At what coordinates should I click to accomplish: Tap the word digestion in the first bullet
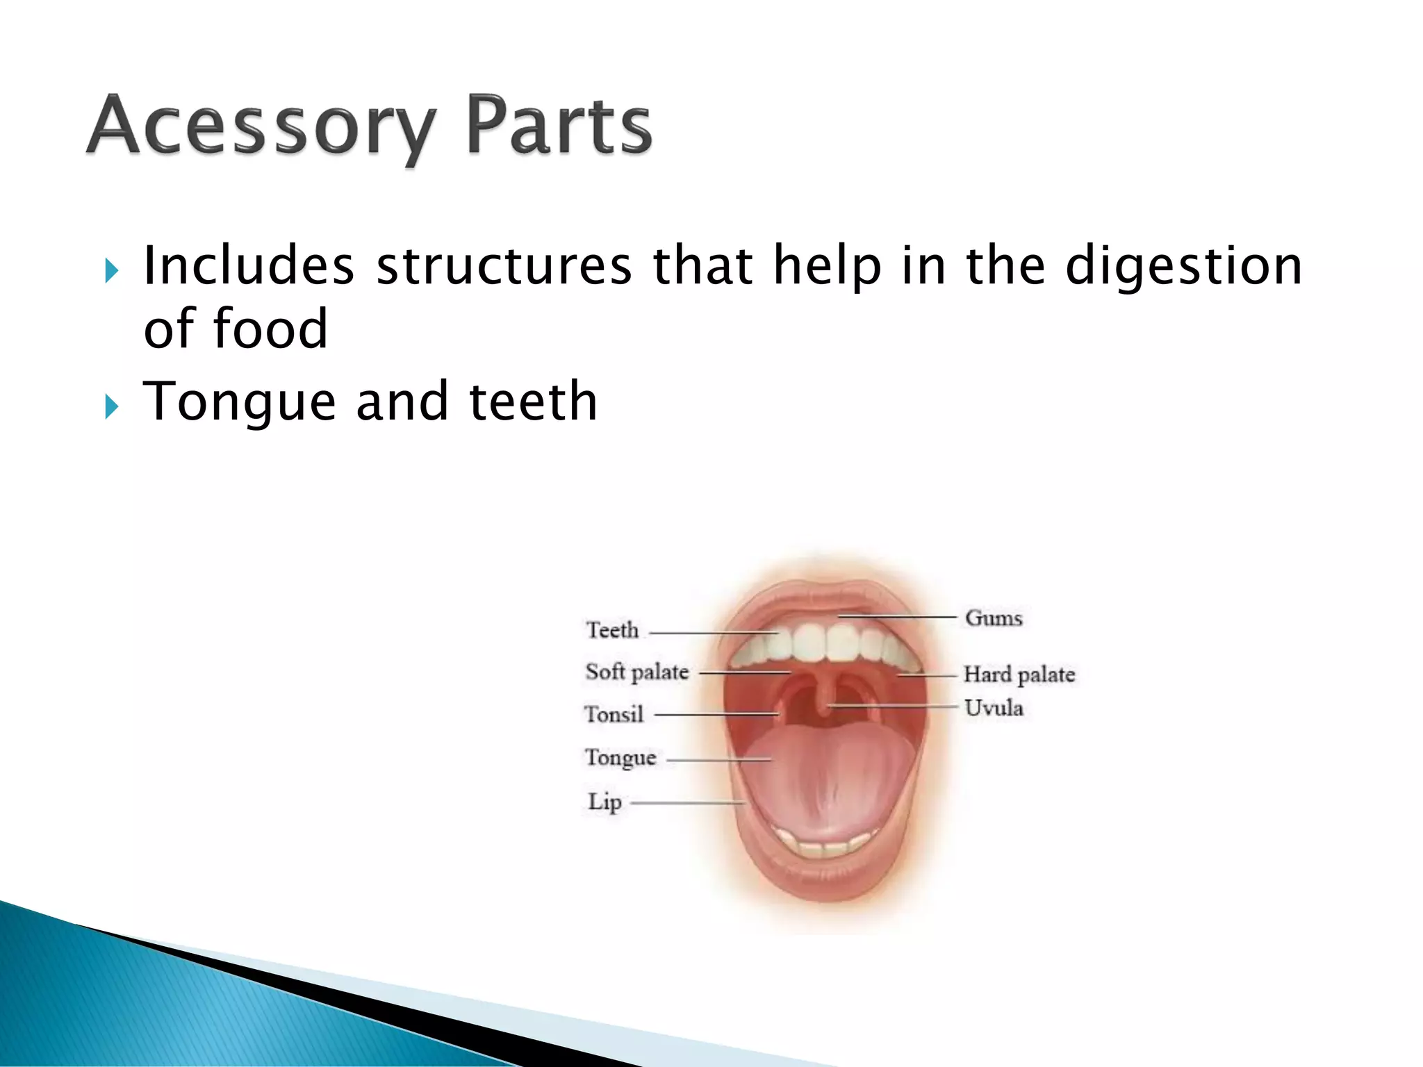pos(1183,267)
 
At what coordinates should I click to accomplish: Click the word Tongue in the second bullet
pos(239,402)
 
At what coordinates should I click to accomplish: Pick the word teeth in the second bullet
pos(533,401)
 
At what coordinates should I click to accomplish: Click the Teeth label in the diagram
pos(612,630)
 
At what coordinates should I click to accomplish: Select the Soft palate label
pos(637,672)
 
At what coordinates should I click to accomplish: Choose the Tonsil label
pos(614,714)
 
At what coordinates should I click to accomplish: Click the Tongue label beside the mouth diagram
pos(620,757)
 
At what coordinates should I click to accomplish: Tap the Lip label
pos(604,802)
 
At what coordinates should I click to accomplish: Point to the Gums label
pos(994,618)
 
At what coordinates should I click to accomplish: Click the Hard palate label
pos(1019,674)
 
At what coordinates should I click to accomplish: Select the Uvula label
pos(994,708)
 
